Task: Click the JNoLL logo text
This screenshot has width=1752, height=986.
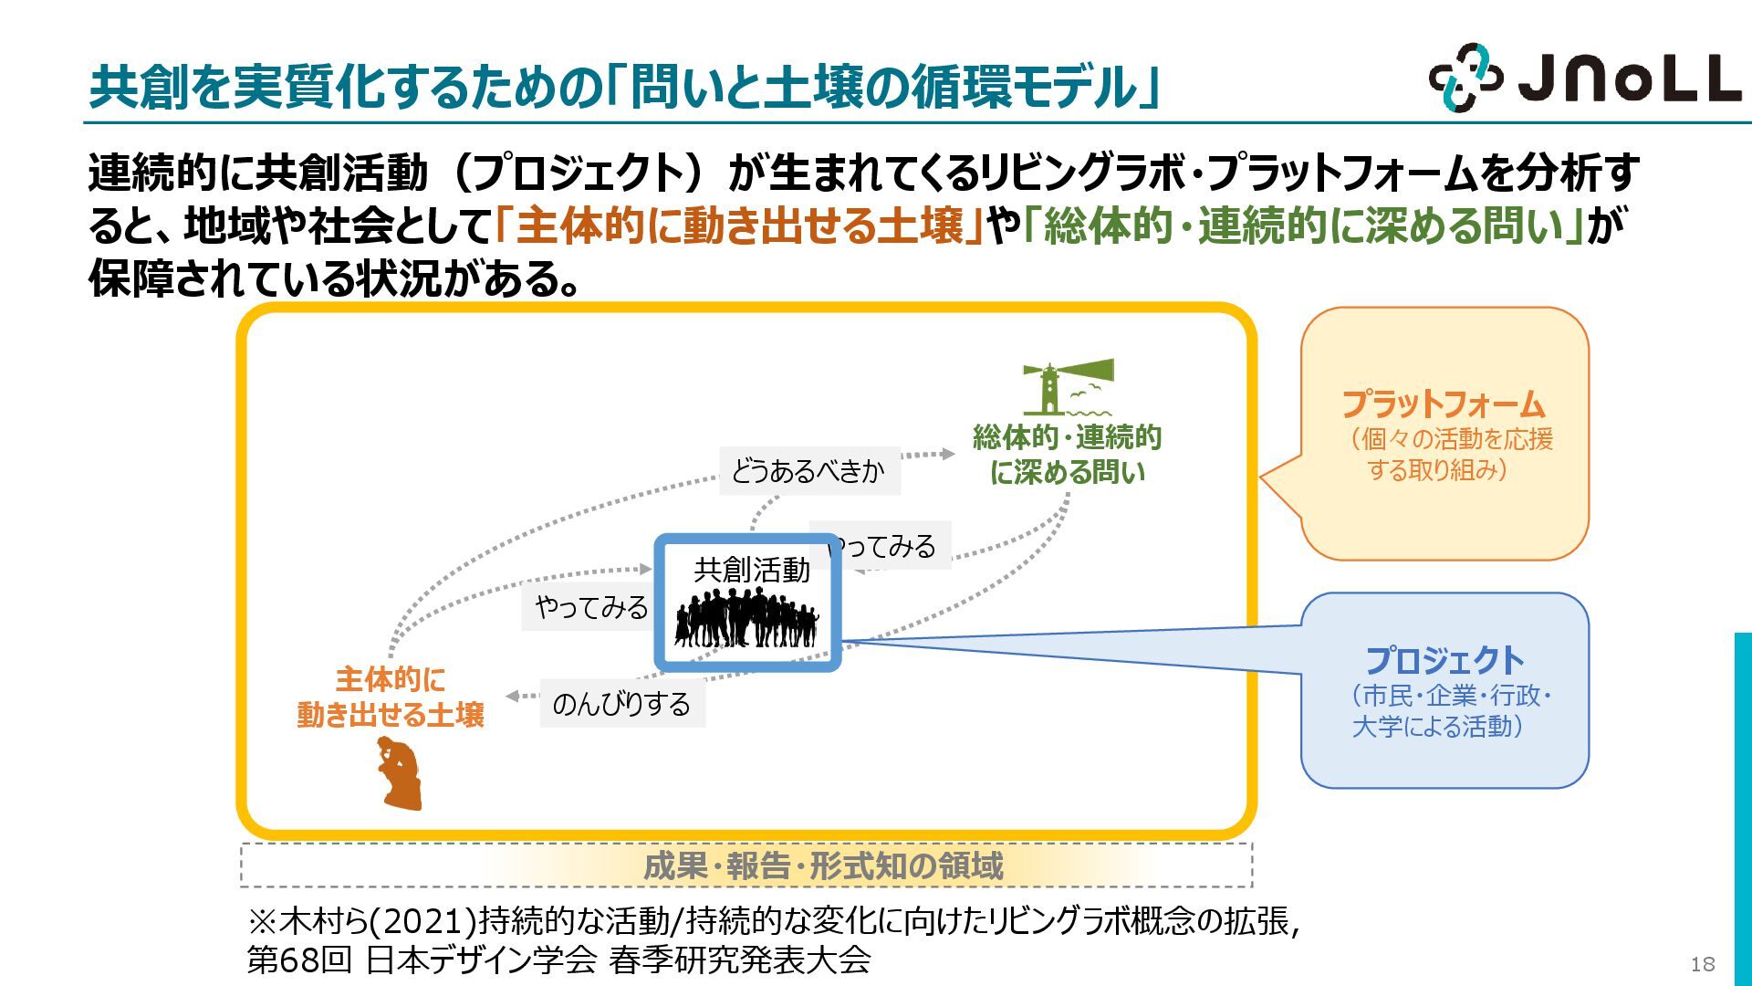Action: [1628, 79]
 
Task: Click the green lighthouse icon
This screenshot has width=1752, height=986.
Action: [1068, 387]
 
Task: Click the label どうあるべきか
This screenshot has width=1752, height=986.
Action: [808, 471]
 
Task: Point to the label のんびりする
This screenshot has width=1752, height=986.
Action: [621, 704]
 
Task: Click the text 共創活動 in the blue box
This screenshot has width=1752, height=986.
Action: [751, 570]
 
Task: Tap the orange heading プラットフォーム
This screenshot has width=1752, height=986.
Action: [1443, 404]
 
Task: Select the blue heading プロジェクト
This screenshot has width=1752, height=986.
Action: [1444, 660]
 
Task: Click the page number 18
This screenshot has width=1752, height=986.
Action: [1702, 964]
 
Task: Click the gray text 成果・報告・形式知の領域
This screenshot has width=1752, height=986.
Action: [823, 865]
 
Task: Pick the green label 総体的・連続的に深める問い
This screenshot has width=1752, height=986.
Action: [1067, 455]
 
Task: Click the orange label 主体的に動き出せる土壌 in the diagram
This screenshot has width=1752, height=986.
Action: [391, 697]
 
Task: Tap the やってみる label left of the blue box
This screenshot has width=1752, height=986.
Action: [591, 607]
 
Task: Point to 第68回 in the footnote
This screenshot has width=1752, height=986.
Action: [299, 960]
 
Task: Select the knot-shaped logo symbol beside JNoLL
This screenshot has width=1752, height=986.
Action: [1465, 78]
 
